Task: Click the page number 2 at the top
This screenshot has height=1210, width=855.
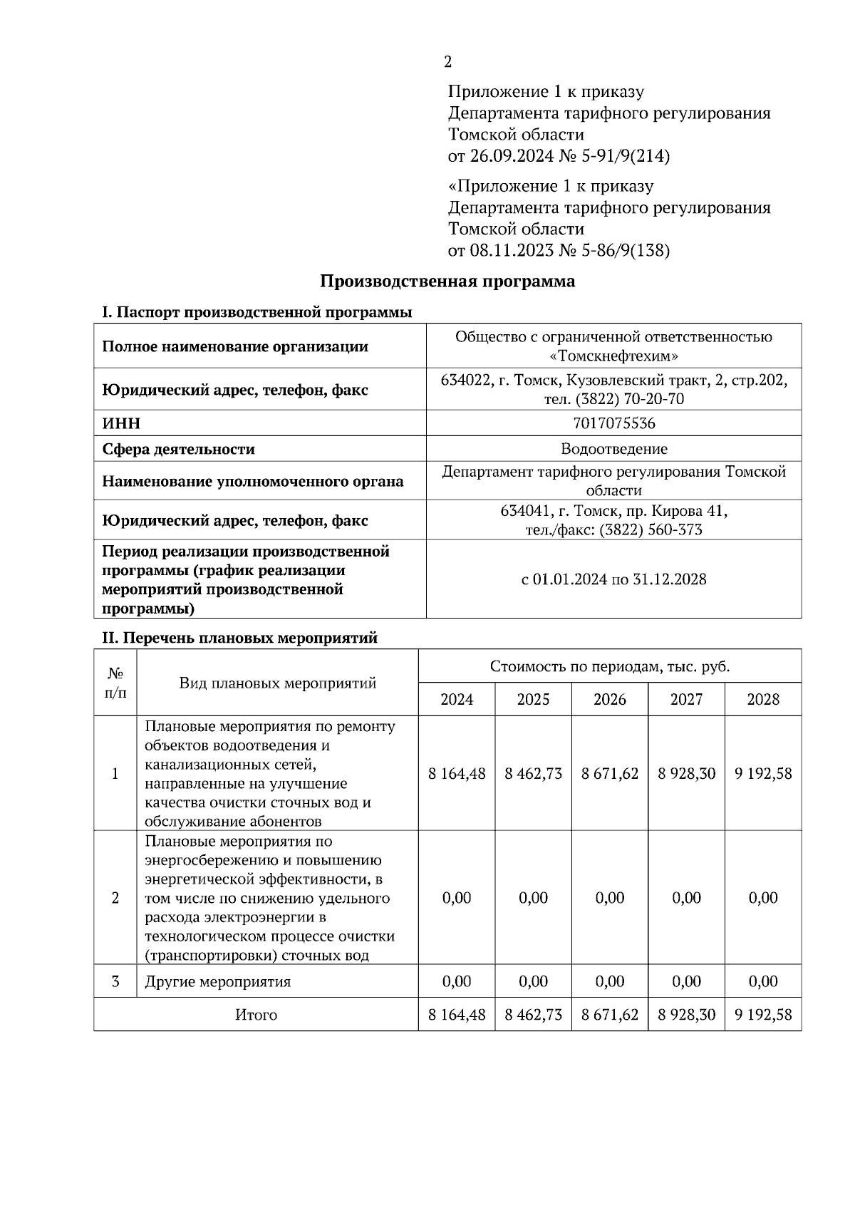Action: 447,62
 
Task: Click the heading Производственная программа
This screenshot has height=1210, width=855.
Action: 447,281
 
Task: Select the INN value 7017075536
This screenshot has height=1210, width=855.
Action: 613,423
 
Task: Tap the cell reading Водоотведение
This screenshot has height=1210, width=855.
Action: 613,449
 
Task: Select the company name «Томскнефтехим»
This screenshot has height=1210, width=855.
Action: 614,356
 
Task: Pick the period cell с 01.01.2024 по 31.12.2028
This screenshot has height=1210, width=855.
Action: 613,579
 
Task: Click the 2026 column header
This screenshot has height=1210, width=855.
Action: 610,699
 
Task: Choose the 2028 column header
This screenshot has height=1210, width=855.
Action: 763,699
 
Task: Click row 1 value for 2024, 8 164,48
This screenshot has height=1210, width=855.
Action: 457,773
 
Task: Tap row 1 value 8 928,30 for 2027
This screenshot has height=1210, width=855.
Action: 686,773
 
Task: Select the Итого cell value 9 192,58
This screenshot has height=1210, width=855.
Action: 763,1014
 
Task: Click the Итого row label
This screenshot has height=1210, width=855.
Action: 256,1014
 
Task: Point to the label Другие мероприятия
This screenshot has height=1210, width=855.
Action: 218,981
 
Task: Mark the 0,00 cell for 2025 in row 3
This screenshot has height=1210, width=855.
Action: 533,981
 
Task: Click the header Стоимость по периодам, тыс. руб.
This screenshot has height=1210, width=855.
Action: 609,666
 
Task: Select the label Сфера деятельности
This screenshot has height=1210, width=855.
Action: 178,449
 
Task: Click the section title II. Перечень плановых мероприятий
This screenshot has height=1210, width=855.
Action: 239,638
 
